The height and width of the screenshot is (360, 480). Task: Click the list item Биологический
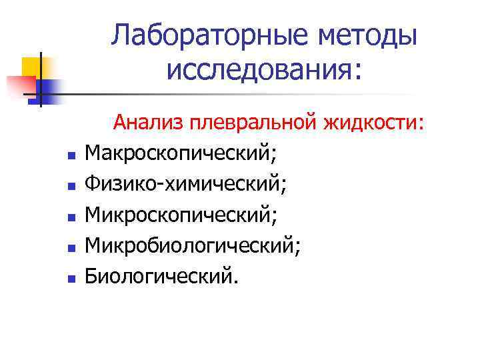point(161,275)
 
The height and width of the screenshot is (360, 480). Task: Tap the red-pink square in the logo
point(20,86)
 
